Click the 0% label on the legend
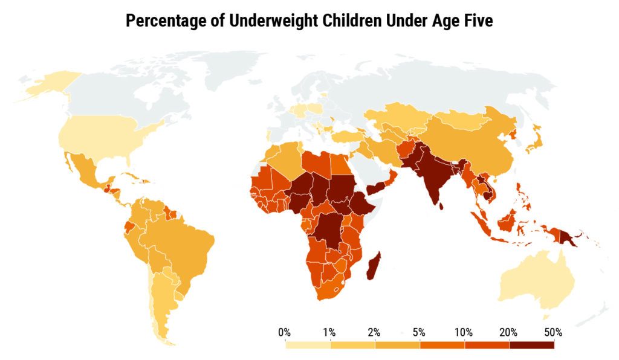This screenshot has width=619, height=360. pyautogui.click(x=284, y=332)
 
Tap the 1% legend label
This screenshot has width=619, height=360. pyautogui.click(x=329, y=332)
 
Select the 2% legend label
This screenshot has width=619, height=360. pyautogui.click(x=374, y=332)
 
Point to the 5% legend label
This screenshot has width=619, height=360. pyautogui.click(x=419, y=332)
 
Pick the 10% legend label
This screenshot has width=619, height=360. pyautogui.click(x=464, y=332)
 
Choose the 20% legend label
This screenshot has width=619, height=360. pyautogui.click(x=508, y=332)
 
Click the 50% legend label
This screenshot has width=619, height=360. pyautogui.click(x=553, y=332)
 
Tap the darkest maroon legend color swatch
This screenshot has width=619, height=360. pyautogui.click(x=531, y=346)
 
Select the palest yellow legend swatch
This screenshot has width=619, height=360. pyautogui.click(x=308, y=346)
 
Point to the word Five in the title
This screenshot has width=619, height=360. pyautogui.click(x=478, y=22)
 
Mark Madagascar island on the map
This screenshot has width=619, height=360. pyautogui.click(x=374, y=269)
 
